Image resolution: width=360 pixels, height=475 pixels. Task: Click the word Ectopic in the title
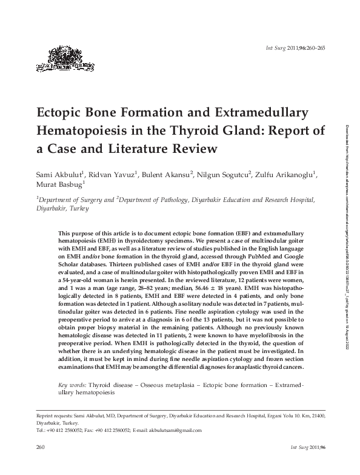[64, 113]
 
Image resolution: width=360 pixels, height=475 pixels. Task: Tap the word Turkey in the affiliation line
[78, 208]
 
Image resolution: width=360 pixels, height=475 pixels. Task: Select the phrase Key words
[72, 385]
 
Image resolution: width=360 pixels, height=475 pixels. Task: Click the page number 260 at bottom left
[42, 448]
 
